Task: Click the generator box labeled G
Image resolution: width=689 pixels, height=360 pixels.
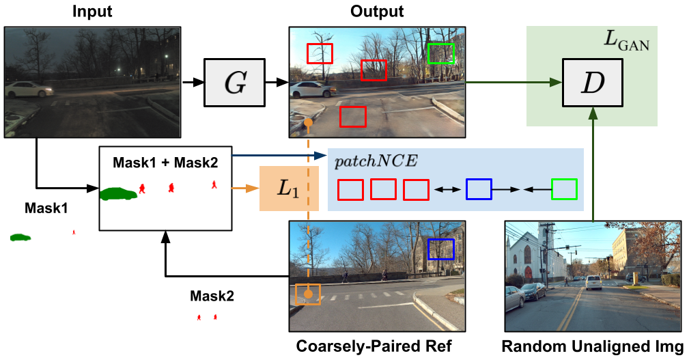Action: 234,83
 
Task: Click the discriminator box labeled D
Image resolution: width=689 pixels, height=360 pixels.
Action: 592,82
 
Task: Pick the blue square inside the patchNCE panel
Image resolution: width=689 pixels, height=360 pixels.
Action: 479,189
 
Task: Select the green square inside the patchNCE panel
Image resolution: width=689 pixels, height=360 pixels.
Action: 564,189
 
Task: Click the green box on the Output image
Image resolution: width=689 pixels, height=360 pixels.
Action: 440,53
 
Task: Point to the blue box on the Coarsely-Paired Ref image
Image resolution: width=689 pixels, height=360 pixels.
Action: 440,249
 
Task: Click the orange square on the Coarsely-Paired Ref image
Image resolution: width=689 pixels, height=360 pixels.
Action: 308,294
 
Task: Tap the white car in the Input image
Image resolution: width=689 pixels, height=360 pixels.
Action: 28,89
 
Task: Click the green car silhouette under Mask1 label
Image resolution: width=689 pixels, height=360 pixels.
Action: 20,237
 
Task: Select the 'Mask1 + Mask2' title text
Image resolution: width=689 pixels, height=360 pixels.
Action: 167,163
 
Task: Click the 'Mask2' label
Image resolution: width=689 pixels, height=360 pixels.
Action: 212,297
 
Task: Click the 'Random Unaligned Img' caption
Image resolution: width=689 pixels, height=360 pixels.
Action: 593,346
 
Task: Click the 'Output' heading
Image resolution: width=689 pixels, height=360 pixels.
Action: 377,12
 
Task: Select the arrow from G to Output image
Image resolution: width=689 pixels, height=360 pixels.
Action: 275,83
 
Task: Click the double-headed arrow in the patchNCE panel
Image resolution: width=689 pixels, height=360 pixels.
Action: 447,189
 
